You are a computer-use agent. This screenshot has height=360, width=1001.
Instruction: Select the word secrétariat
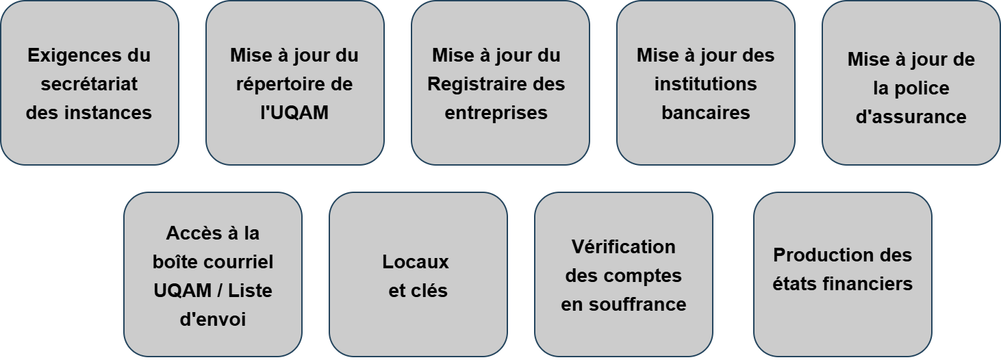click(89, 84)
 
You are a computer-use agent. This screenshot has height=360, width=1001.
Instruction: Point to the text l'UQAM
click(294, 112)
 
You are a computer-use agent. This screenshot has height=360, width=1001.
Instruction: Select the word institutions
click(706, 84)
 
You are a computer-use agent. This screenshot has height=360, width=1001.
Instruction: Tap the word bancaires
click(706, 112)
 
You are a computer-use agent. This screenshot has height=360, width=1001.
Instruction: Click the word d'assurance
click(911, 116)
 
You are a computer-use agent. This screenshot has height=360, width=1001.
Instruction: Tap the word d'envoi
click(213, 320)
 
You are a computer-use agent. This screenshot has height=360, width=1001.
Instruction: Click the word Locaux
click(416, 262)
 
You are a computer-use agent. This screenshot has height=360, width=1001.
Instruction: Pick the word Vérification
click(623, 247)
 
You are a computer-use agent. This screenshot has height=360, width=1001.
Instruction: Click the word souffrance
click(637, 305)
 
